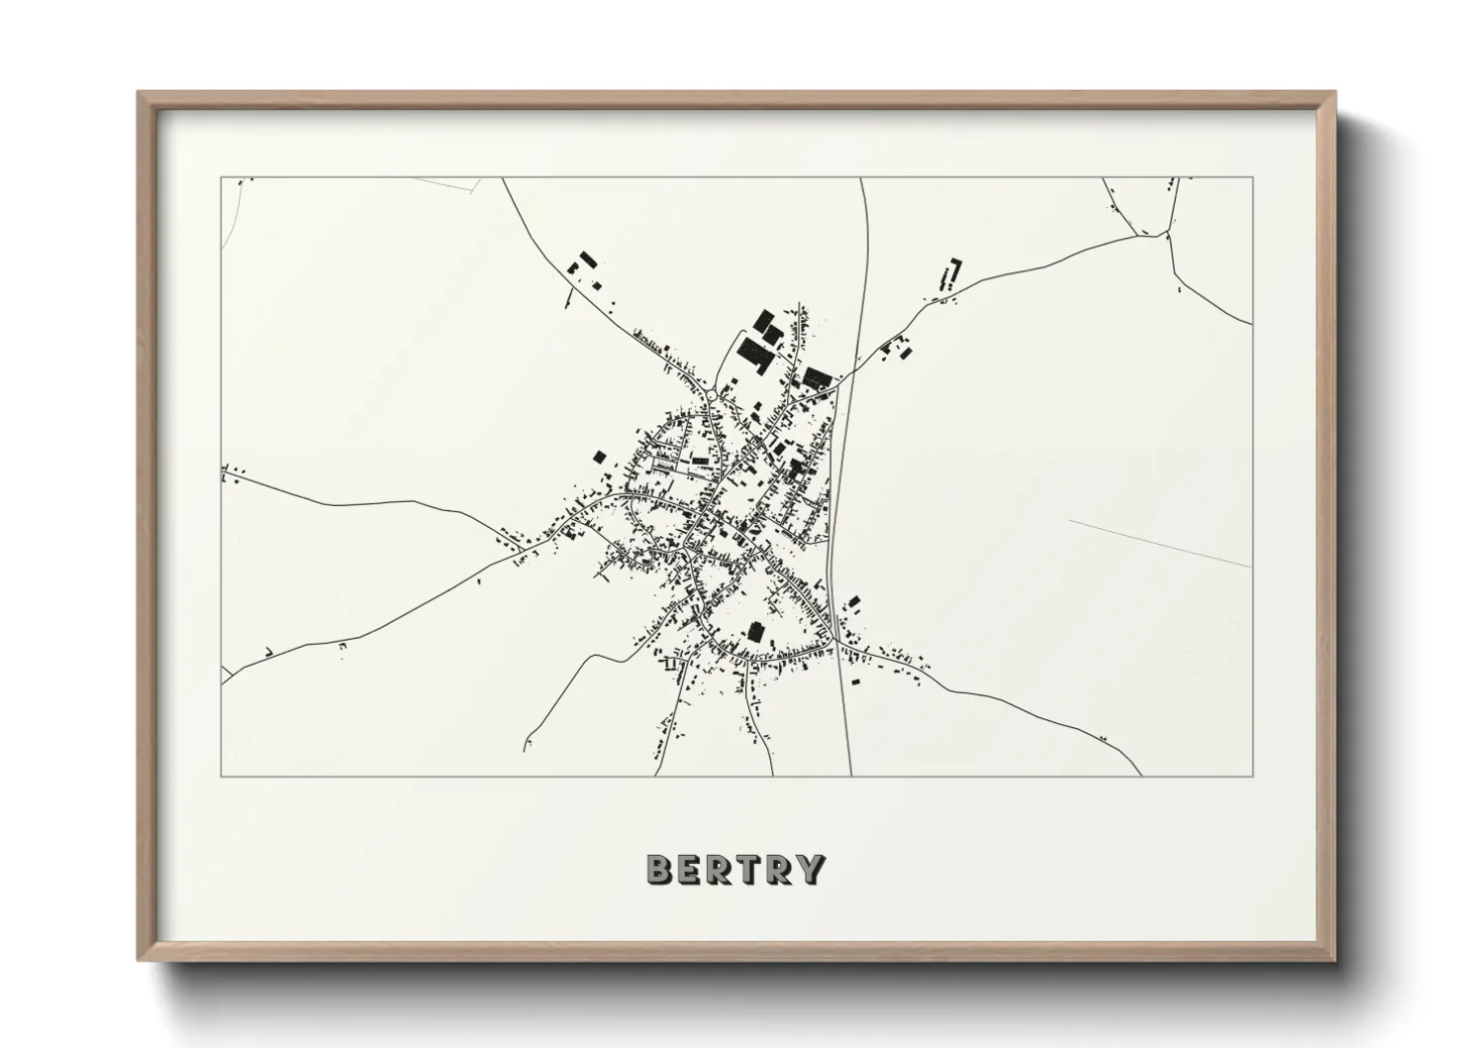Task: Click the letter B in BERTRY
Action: coord(659,870)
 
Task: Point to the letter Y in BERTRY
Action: coord(811,870)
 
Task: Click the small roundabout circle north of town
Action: coord(712,396)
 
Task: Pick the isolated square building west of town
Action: coord(598,456)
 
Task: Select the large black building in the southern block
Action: coord(756,631)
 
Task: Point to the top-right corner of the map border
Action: coord(1253,178)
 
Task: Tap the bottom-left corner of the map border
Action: coord(222,776)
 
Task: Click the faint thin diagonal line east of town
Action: coord(1158,542)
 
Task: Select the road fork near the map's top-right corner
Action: coord(1168,232)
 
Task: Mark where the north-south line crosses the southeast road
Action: coord(837,641)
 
